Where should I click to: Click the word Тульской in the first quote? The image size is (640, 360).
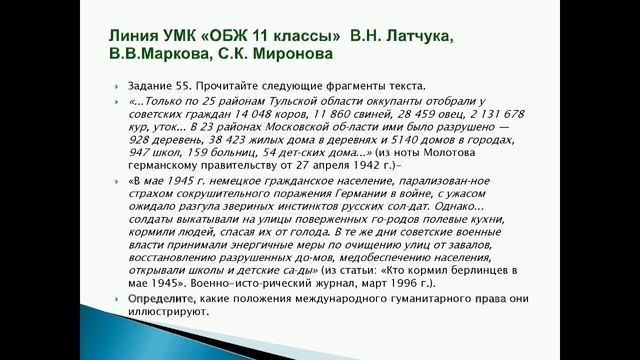[x=279, y=104]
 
